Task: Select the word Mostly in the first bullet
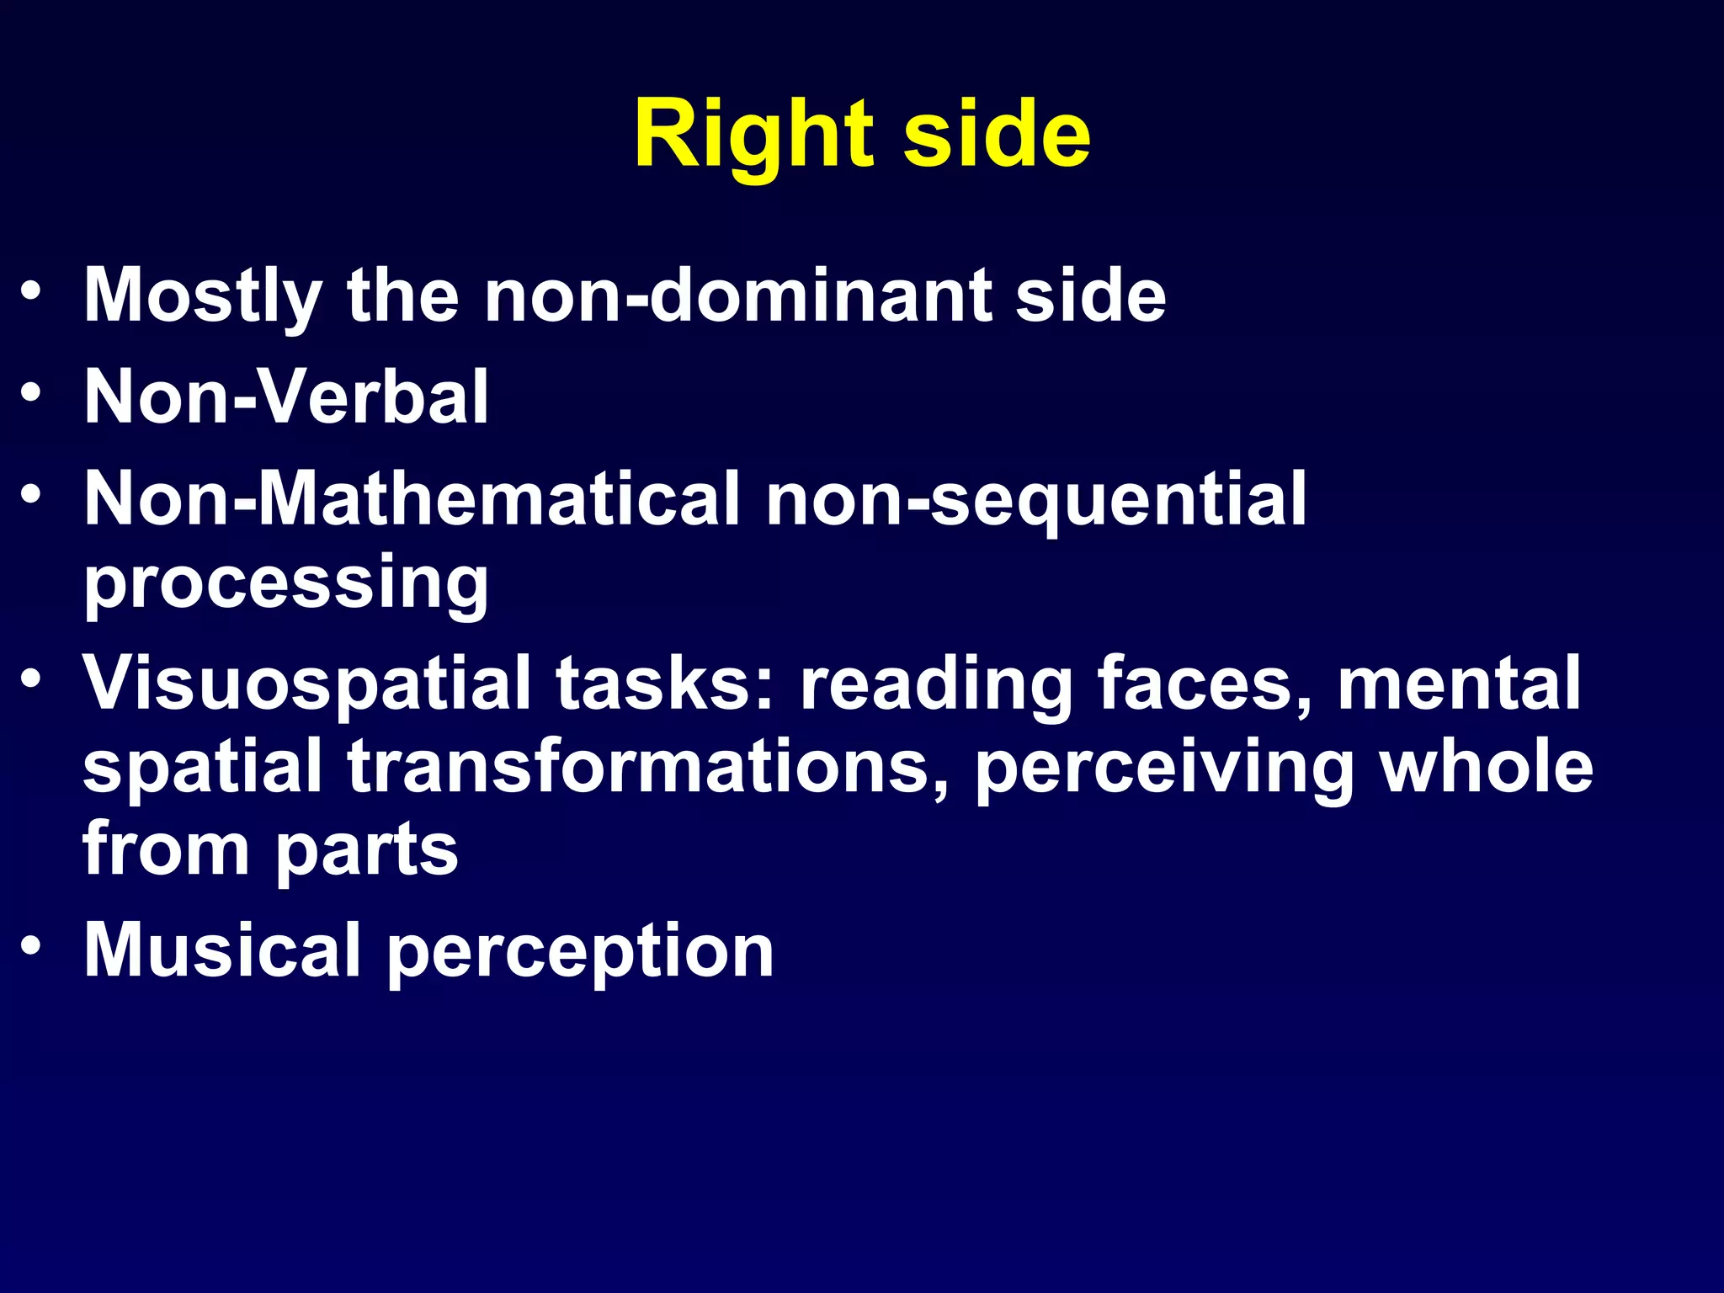[202, 296]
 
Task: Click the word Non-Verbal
[286, 397]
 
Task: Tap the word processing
[286, 583]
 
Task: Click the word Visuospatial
[306, 684]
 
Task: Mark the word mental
[1459, 684]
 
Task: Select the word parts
[367, 850]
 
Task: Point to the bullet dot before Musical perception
[31, 944]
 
